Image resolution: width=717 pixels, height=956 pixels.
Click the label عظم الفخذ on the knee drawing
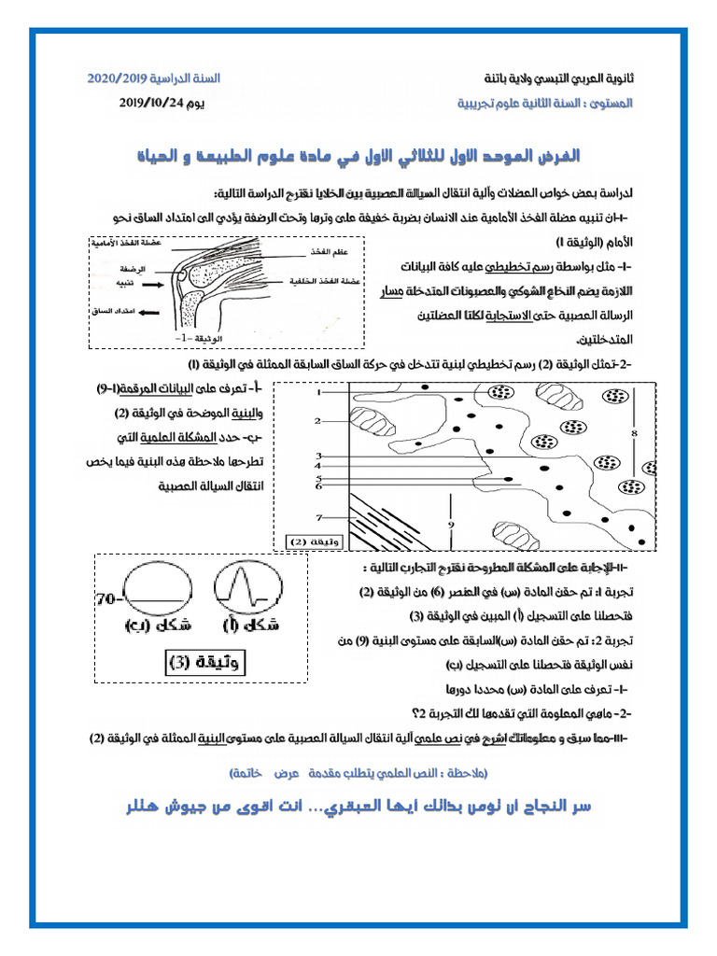pyautogui.click(x=326, y=252)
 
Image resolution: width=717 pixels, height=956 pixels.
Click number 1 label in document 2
pyautogui.click(x=318, y=394)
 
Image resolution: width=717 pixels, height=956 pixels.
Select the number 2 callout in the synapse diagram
pyautogui.click(x=317, y=422)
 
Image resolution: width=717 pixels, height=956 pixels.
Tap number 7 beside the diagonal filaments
pyautogui.click(x=318, y=517)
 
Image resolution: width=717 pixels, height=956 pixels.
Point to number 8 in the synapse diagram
pyautogui.click(x=634, y=434)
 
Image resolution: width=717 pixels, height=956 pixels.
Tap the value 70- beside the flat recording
pyautogui.click(x=109, y=597)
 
